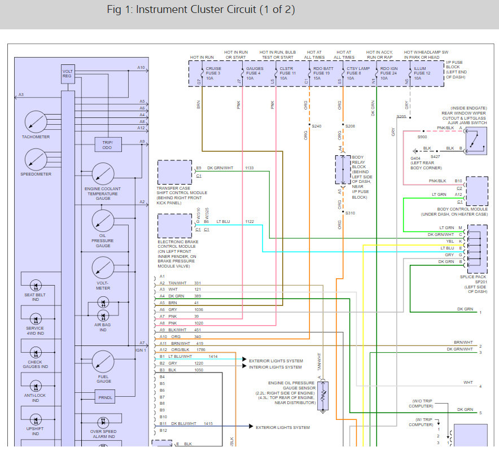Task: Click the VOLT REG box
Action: pyautogui.click(x=68, y=74)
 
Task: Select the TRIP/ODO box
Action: pyautogui.click(x=108, y=144)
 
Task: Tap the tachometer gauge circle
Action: pyautogui.click(x=36, y=122)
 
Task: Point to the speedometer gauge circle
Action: pyautogui.click(x=36, y=159)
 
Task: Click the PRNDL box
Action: pyautogui.click(x=105, y=397)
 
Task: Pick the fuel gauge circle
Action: pyautogui.click(x=103, y=362)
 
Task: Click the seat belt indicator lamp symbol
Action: pyautogui.click(x=36, y=286)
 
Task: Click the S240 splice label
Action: pyautogui.click(x=316, y=126)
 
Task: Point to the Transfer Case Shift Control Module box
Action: pyautogui.click(x=175, y=172)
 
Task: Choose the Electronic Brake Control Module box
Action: pyautogui.click(x=175, y=226)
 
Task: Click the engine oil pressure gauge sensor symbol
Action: pyautogui.click(x=323, y=396)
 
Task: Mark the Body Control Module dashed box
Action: pyautogui.click(x=477, y=191)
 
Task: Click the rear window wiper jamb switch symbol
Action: pyautogui.click(x=476, y=141)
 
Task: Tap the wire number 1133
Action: pyautogui.click(x=249, y=168)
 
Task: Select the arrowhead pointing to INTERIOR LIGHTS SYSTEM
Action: pyautogui.click(x=244, y=366)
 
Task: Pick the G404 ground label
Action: pyautogui.click(x=415, y=158)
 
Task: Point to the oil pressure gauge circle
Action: pyautogui.click(x=103, y=221)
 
